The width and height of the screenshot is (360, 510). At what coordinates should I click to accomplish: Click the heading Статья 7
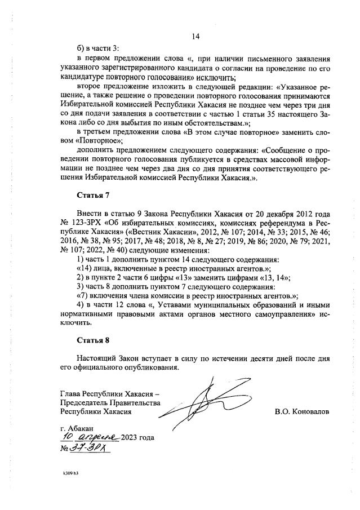point(91,196)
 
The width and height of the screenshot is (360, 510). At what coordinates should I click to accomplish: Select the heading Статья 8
point(91,340)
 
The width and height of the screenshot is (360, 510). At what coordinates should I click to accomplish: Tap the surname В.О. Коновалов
point(302,411)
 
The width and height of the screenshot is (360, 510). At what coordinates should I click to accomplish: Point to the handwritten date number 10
point(68,437)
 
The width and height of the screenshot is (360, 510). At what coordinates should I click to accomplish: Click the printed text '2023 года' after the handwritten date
point(137,438)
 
